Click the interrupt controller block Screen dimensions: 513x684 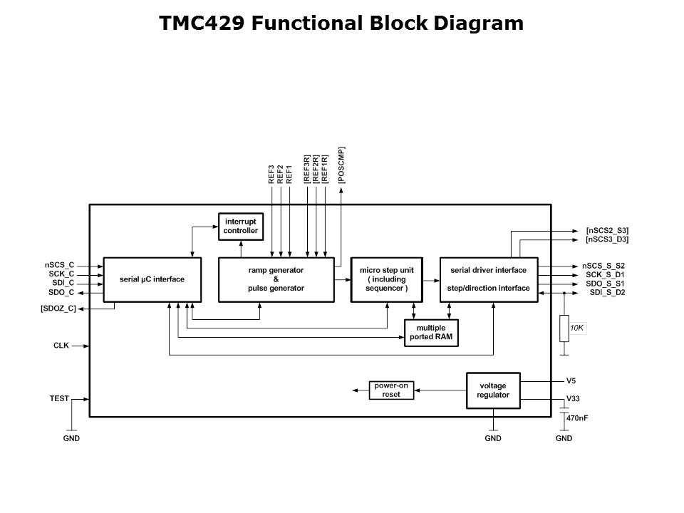(240, 227)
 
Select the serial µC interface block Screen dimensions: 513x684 (152, 279)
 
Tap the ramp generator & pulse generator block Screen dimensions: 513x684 (276, 279)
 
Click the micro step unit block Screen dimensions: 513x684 (386, 279)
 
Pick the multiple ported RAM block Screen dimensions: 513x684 (431, 333)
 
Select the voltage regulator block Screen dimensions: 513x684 (492, 390)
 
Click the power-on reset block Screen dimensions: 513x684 (391, 390)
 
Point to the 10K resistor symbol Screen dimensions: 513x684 (564, 328)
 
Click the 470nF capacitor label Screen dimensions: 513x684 (577, 418)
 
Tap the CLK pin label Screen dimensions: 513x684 (61, 346)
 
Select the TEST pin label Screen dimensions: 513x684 (59, 398)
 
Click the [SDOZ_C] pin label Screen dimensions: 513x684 (58, 309)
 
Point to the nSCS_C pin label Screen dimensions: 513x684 (59, 265)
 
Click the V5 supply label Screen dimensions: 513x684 (571, 380)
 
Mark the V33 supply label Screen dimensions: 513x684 (573, 399)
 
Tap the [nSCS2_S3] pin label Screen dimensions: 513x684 (606, 231)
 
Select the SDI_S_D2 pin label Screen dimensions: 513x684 (607, 292)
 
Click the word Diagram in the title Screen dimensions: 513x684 (482, 24)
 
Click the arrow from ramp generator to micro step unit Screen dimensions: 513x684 (342, 280)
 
